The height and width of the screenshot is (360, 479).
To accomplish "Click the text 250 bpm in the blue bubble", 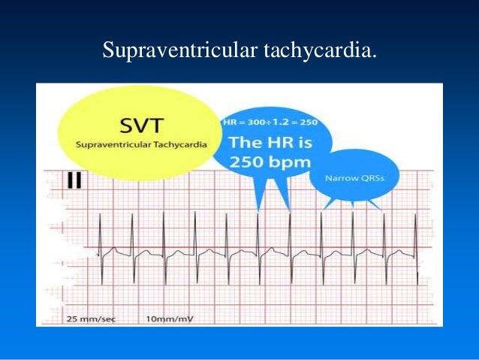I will (260, 160).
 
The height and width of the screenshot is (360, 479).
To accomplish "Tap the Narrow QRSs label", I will (355, 179).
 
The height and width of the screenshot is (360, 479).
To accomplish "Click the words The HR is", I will (261, 141).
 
